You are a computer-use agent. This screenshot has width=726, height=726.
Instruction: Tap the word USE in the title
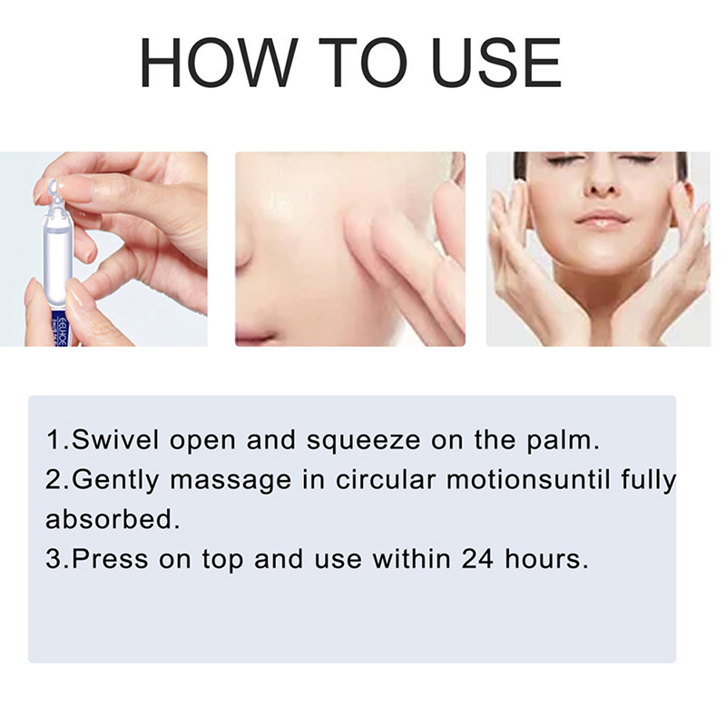tap(495, 63)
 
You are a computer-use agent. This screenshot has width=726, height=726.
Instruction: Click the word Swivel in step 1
tap(115, 439)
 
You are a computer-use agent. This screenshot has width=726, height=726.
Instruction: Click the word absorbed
tap(113, 519)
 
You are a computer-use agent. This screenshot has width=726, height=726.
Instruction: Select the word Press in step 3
tap(110, 559)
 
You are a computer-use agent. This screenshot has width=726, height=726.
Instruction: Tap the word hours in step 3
tap(546, 559)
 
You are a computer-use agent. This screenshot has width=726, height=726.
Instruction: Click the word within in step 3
tap(412, 559)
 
